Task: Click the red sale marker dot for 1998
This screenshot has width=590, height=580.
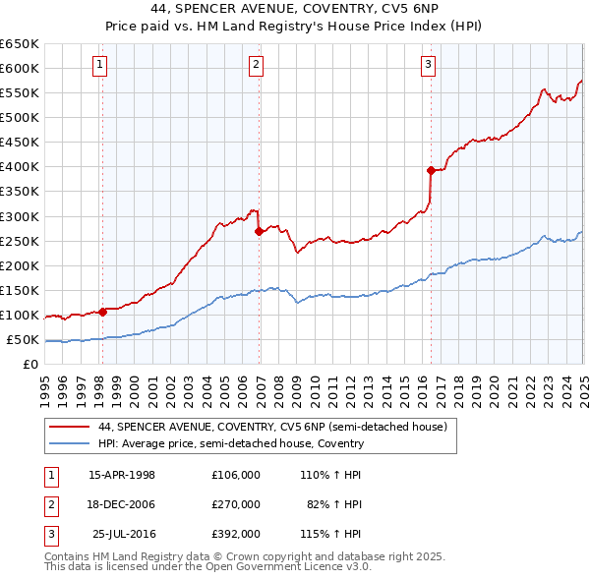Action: click(102, 312)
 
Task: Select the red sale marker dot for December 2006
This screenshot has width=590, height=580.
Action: click(259, 232)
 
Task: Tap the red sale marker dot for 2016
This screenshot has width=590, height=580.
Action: click(431, 170)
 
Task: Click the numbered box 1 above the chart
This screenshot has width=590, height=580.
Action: click(101, 66)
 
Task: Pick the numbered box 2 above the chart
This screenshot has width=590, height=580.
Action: click(256, 66)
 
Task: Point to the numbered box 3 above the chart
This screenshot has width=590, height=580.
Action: click(429, 66)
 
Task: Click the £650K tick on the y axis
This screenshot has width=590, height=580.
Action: click(20, 44)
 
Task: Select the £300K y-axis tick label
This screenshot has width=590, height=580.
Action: click(20, 216)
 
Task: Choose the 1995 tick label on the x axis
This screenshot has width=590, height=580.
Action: click(45, 384)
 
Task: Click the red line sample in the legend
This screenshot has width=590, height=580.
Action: click(70, 428)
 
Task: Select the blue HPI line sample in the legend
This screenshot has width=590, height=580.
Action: click(70, 443)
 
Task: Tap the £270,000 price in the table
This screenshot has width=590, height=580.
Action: click(236, 504)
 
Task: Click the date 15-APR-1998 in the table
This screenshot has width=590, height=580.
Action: click(122, 474)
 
